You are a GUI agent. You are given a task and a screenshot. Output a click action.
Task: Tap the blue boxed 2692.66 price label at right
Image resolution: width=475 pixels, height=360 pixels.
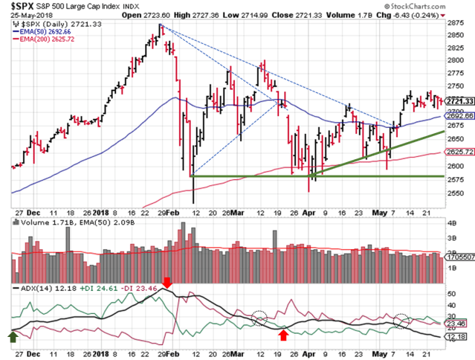(459, 117)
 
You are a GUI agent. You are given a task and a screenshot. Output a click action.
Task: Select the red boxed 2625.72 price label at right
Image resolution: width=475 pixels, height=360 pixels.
(459, 151)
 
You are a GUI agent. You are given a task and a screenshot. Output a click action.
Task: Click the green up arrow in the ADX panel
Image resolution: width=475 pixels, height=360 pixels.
(13, 336)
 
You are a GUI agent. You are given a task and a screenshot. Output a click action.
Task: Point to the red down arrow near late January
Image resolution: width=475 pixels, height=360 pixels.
(168, 283)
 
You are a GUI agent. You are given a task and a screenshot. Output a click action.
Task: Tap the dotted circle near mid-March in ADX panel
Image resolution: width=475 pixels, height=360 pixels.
(259, 318)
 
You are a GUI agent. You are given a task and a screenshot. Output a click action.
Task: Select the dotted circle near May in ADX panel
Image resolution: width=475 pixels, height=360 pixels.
(401, 321)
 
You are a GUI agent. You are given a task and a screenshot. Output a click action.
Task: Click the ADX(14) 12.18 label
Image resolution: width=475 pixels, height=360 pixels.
(37, 288)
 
